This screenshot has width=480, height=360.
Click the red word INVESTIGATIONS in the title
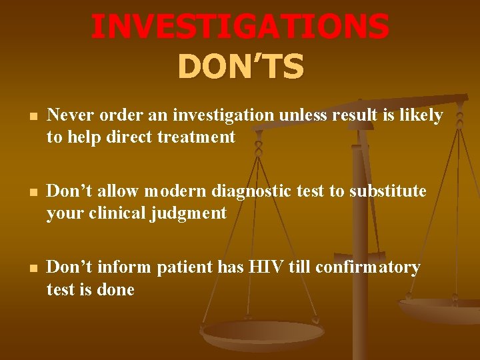coord(240,26)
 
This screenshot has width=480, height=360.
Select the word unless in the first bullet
coord(304,115)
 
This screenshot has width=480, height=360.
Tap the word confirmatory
coord(367,267)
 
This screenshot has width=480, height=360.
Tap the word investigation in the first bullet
coord(223,115)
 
